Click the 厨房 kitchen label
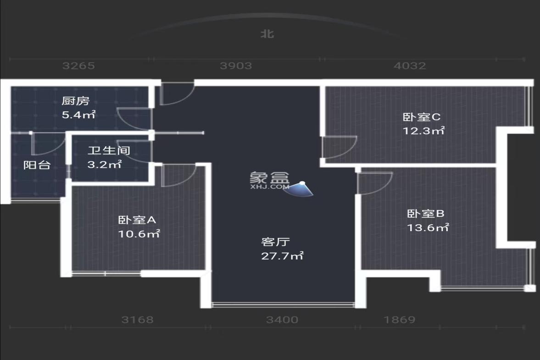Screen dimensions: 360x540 coord(75,101)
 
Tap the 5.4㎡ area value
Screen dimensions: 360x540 coord(78,115)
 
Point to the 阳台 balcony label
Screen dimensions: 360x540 coord(37,165)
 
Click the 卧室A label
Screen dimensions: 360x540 coord(137,220)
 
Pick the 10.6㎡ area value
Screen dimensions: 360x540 coord(139,234)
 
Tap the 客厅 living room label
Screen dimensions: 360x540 coord(275,242)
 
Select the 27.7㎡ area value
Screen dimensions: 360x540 coord(282,256)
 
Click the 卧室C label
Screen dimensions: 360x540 coord(422,117)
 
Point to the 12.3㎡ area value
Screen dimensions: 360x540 coord(423,131)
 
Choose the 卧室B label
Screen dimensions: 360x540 coord(426,213)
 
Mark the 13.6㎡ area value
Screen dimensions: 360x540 coord(428,227)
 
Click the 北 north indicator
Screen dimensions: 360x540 coord(267,34)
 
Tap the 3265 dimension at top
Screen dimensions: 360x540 coord(78,66)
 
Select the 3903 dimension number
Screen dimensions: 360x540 coord(236,66)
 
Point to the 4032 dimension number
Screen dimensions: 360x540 coord(410,66)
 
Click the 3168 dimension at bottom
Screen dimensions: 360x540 coord(137,320)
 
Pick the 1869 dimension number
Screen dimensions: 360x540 coord(400,320)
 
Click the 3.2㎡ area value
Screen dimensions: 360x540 coord(105,164)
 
